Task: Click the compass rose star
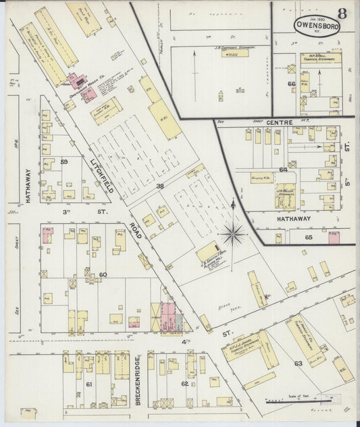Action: click(233, 234)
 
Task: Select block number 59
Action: click(65, 162)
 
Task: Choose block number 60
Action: click(103, 275)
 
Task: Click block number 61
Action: click(88, 384)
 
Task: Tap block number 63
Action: click(298, 364)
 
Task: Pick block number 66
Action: click(291, 84)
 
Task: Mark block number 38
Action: click(160, 185)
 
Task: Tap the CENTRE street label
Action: click(277, 122)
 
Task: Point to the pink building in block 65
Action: click(333, 237)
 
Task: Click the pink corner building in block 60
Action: click(48, 236)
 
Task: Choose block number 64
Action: click(283, 169)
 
